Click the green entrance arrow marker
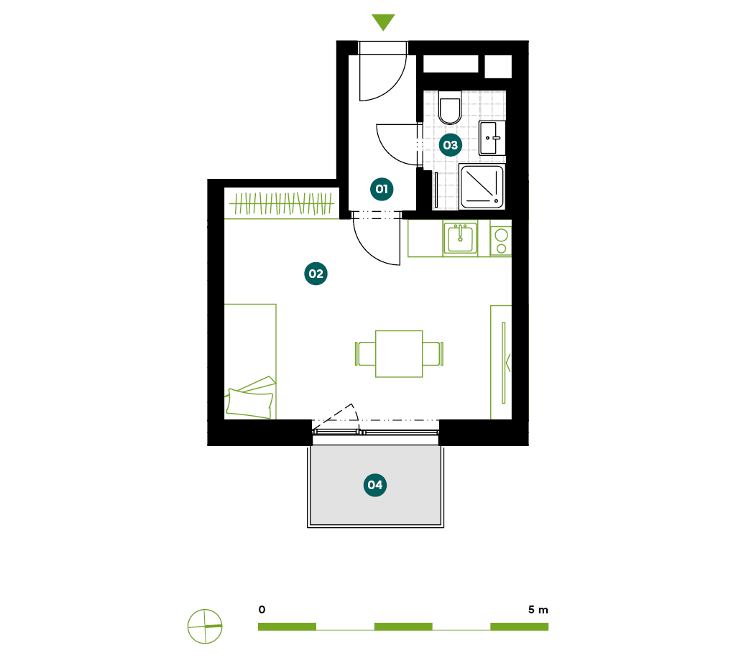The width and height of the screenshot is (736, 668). pyautogui.click(x=383, y=22)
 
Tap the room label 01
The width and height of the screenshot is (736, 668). pyautogui.click(x=382, y=189)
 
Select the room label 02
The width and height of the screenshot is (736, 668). pyautogui.click(x=316, y=274)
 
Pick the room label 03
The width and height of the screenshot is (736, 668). pyautogui.click(x=450, y=145)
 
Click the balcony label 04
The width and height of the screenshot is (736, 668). pyautogui.click(x=375, y=485)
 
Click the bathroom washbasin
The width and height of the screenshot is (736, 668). pyautogui.click(x=492, y=138)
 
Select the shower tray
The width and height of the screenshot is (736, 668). pyautogui.click(x=482, y=187)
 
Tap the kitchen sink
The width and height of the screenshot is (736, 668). pyautogui.click(x=460, y=238)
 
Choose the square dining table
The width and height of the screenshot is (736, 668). pyautogui.click(x=399, y=353)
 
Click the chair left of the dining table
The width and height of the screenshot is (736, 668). pyautogui.click(x=365, y=353)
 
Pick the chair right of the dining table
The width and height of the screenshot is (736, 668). pyautogui.click(x=433, y=353)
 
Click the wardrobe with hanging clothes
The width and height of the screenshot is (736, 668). pyautogui.click(x=282, y=203)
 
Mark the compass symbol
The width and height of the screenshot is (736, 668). pyautogui.click(x=205, y=626)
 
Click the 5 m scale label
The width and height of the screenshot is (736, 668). pyautogui.click(x=538, y=609)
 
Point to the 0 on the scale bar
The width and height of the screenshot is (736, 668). pyautogui.click(x=262, y=609)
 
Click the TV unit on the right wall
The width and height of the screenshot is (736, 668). pyautogui.click(x=501, y=362)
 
